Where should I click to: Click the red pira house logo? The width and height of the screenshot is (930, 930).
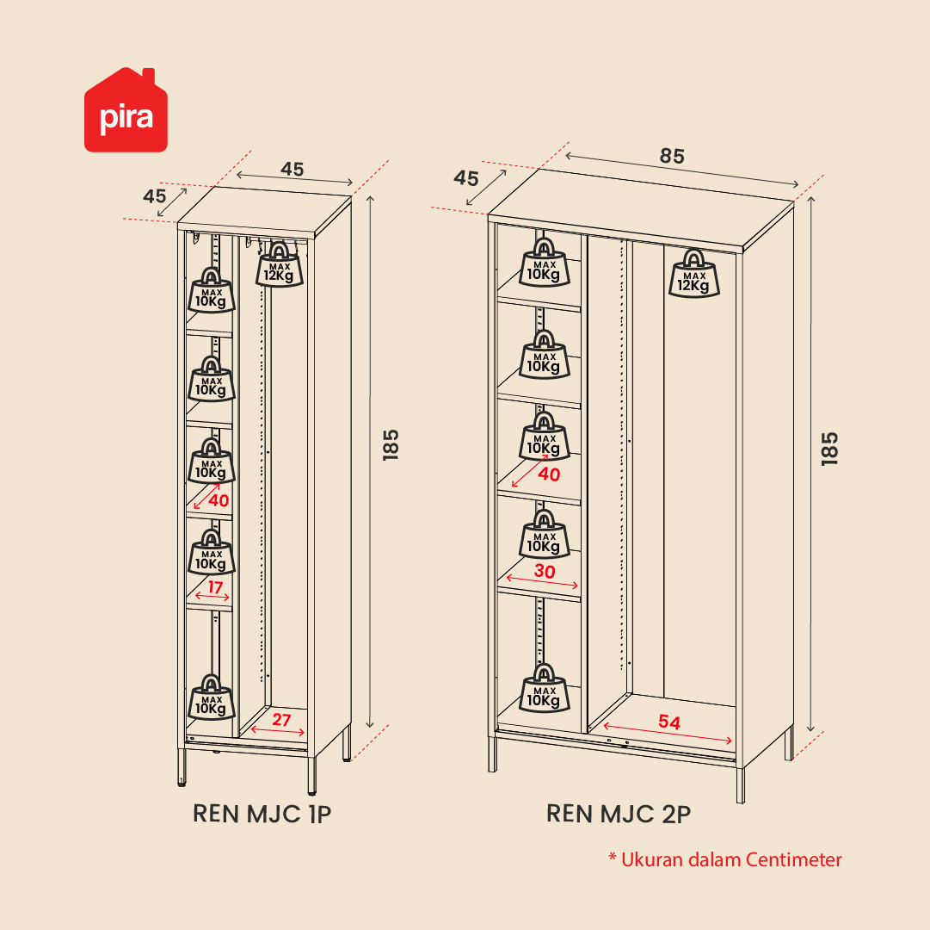[126, 110]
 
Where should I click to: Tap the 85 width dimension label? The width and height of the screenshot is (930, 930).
[672, 156]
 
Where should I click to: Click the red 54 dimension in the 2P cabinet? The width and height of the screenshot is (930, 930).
[669, 722]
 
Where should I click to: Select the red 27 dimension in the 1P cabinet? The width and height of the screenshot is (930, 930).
[281, 720]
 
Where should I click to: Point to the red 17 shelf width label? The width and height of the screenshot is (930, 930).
[215, 587]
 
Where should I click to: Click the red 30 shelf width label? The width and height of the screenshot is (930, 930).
[545, 571]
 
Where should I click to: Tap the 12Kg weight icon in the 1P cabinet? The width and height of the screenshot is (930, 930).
[280, 264]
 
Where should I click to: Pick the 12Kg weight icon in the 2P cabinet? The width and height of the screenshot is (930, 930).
[694, 274]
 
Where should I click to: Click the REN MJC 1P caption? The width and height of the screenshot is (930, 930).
[262, 814]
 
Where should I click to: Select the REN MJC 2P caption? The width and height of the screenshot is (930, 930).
[619, 814]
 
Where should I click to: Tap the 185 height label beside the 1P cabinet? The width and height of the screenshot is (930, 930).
[391, 444]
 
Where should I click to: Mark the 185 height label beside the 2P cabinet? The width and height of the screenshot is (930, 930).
[829, 449]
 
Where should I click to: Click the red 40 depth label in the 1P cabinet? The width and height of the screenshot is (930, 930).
[219, 500]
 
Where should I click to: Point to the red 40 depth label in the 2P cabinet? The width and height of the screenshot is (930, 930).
[549, 474]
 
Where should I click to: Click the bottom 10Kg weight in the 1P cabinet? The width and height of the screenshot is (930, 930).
[211, 697]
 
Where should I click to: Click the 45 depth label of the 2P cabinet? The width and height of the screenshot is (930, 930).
[465, 178]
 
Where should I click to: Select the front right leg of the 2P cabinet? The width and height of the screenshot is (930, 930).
[740, 784]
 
